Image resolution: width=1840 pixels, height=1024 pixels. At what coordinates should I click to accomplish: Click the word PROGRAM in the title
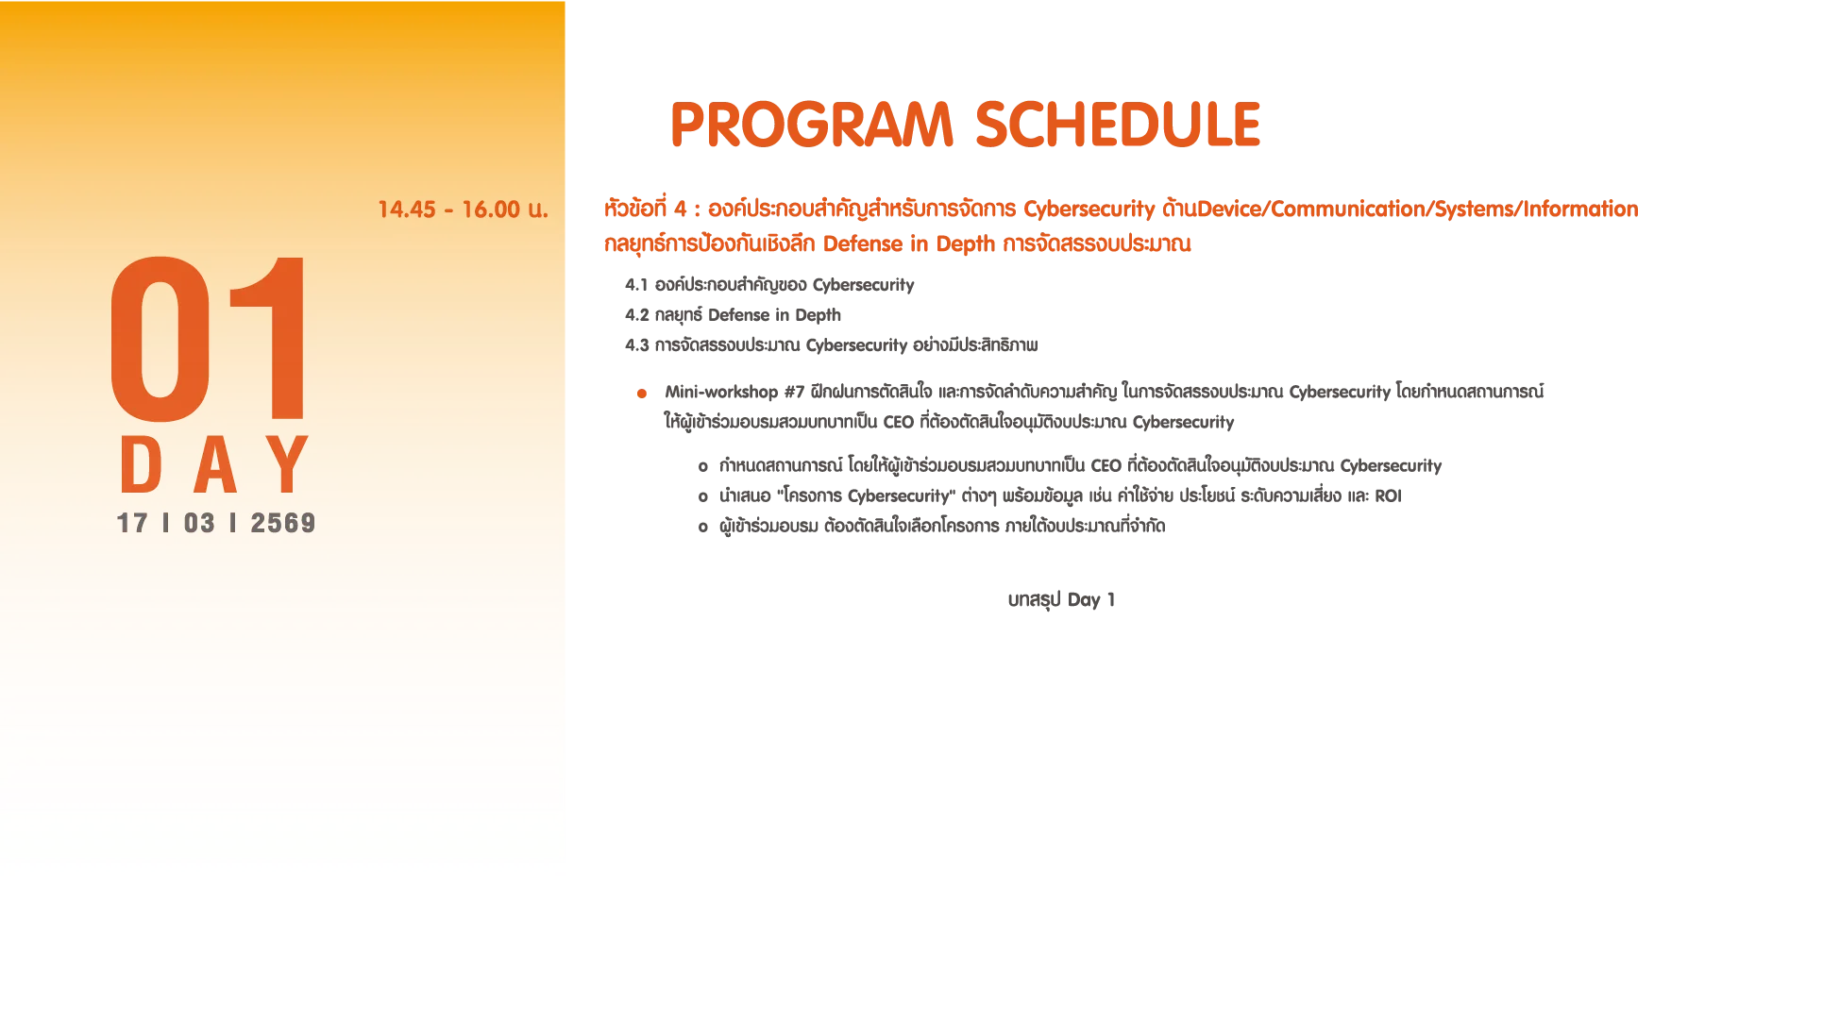coord(812,125)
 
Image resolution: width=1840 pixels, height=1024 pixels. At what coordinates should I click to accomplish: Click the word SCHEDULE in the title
coord(1118,125)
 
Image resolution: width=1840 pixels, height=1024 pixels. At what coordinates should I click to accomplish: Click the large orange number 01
coord(208,337)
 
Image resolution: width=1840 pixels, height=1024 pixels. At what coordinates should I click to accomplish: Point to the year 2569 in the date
coord(282,523)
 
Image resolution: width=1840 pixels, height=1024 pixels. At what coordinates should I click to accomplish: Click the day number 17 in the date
coord(132,523)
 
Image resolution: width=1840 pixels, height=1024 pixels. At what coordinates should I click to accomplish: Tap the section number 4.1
coord(636,285)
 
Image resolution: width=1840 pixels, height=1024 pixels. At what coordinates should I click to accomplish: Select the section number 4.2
coord(636,315)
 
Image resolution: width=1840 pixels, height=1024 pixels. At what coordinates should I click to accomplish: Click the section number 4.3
coord(636,345)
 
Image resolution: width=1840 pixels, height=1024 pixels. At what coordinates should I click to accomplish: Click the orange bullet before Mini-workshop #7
coord(642,394)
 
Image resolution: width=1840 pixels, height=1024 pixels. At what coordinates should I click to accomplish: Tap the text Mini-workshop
coord(721,392)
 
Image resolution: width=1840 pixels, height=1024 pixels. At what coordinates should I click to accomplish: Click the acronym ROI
coord(1388,496)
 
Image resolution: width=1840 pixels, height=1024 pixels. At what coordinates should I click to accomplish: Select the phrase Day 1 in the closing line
coord(1090,600)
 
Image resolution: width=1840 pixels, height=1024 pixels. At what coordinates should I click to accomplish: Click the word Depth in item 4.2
coord(818,316)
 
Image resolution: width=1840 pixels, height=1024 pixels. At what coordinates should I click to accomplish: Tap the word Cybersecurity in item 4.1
coord(863,286)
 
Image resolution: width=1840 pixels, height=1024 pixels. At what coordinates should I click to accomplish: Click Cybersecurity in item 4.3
coord(856,346)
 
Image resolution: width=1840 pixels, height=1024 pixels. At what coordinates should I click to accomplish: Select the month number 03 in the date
coord(199,523)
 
